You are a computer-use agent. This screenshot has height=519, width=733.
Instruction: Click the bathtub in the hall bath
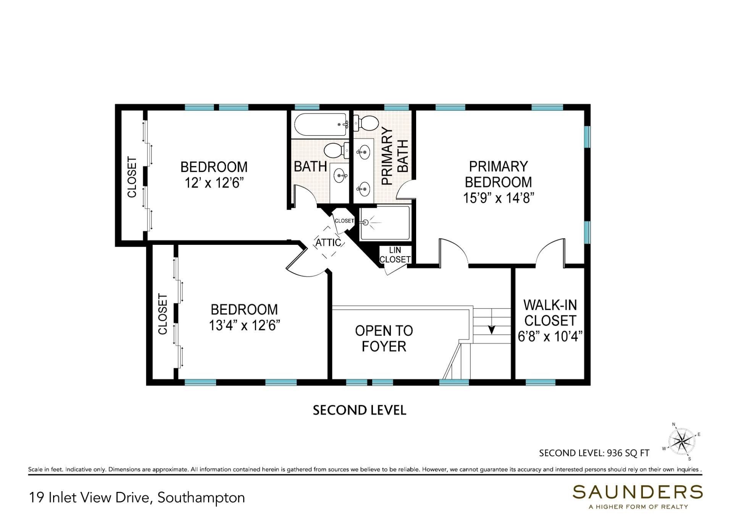pyautogui.click(x=320, y=124)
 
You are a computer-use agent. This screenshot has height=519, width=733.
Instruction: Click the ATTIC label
pyautogui.click(x=328, y=243)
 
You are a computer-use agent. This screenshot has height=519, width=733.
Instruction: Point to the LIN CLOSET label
pyautogui.click(x=395, y=255)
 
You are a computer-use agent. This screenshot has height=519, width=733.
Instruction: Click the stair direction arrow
pyautogui.click(x=492, y=329)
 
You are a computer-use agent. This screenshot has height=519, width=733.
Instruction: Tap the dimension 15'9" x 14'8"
pyautogui.click(x=498, y=198)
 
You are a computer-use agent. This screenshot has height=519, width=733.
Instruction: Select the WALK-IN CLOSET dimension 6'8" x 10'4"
pyautogui.click(x=550, y=336)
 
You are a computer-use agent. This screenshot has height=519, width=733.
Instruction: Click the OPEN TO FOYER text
pyautogui.click(x=384, y=338)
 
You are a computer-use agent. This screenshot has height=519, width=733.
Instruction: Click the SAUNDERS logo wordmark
pyautogui.click(x=637, y=492)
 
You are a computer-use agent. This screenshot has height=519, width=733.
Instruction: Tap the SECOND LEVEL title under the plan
pyautogui.click(x=359, y=410)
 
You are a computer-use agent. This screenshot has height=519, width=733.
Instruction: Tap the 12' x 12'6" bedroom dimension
pyautogui.click(x=214, y=183)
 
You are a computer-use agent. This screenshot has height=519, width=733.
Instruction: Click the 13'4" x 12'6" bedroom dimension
pyautogui.click(x=244, y=325)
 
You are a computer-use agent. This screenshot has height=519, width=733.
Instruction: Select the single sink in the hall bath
pyautogui.click(x=340, y=176)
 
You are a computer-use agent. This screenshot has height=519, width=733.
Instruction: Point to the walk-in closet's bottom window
pyautogui.click(x=540, y=382)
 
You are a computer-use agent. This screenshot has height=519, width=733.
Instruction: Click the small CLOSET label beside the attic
pyautogui.click(x=344, y=221)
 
